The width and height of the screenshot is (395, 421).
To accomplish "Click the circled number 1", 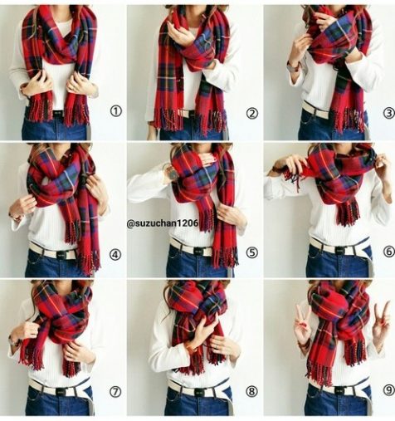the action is tap(116, 111).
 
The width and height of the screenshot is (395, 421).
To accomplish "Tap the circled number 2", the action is tap(252, 114).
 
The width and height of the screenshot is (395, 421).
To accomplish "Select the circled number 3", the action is tap(389, 113).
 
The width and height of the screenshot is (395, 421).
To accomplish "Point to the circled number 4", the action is tap(115, 255).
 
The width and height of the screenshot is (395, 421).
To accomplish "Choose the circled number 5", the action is tap(251, 252).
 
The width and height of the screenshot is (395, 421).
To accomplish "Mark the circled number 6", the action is tap(389, 252).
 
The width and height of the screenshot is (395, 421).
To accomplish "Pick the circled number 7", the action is tap(115, 392).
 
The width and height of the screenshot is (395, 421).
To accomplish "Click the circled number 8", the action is tap(251, 391).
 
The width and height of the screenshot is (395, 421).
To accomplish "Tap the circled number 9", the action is tap(389, 390).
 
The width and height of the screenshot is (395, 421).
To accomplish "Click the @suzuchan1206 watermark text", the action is tap(163, 223).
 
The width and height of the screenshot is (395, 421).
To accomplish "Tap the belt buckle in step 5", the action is tap(198, 252).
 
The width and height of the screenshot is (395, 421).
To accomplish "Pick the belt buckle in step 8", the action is tap(198, 392).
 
